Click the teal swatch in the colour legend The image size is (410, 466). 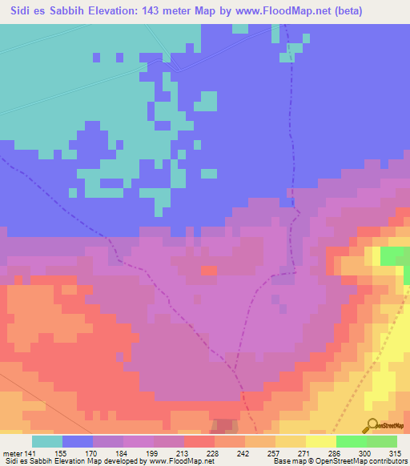click(x=47, y=442)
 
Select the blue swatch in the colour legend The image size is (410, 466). click(x=78, y=442)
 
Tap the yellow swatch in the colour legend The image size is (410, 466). click(x=321, y=442)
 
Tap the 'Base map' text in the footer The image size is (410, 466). click(x=287, y=460)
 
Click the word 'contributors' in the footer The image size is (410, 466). click(x=385, y=460)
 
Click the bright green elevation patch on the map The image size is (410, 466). click(x=393, y=256)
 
